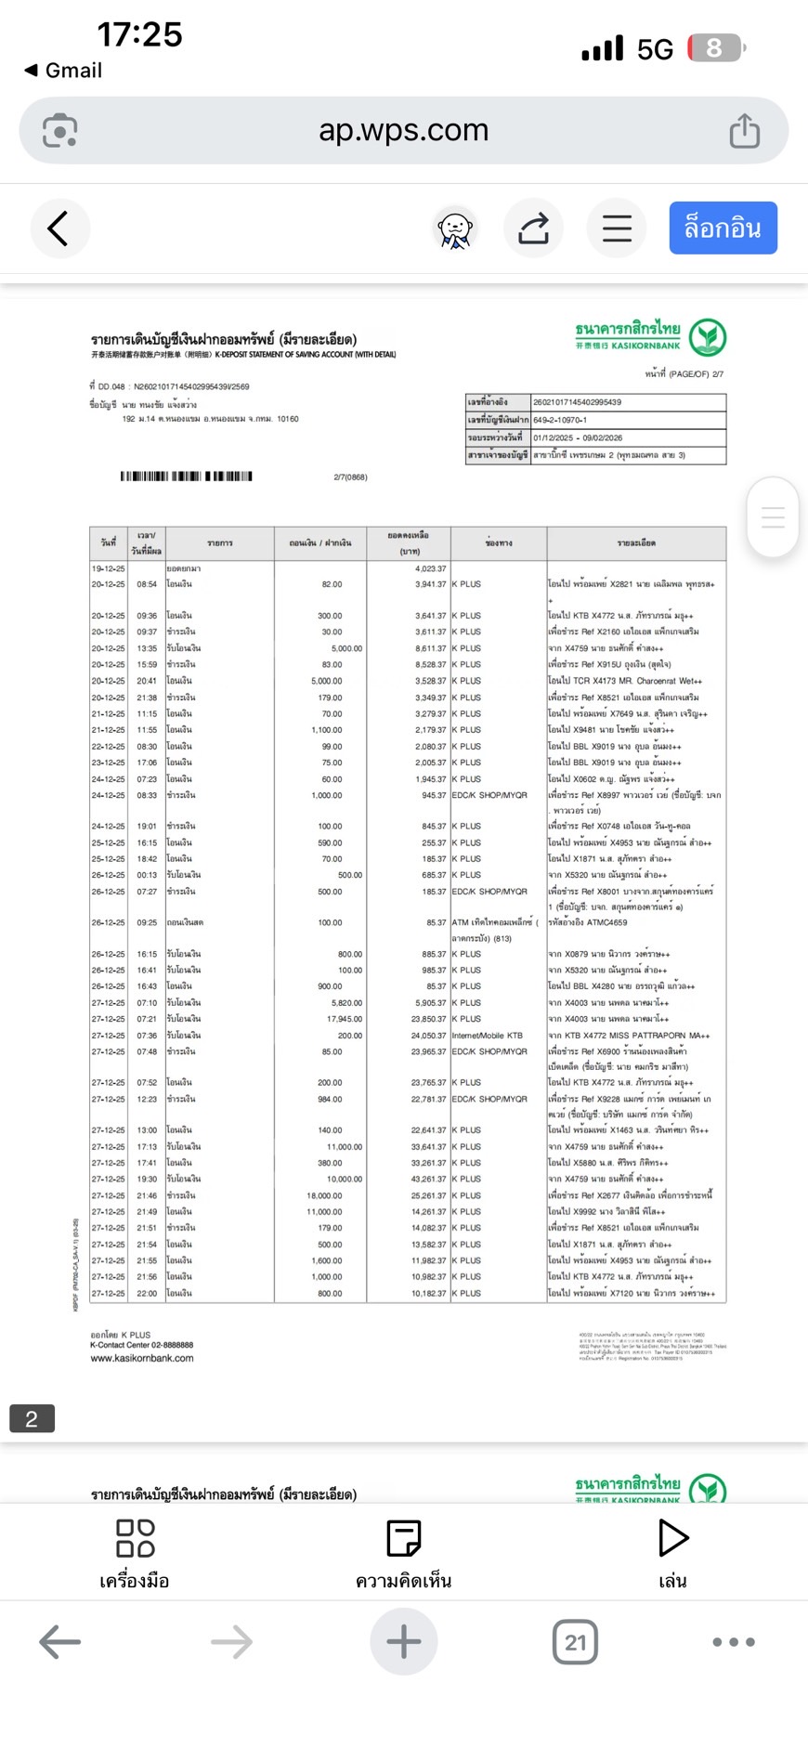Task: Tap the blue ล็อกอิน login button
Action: (x=723, y=228)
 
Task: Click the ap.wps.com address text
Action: (x=403, y=130)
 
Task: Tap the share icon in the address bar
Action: (x=744, y=131)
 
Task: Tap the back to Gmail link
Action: (x=63, y=71)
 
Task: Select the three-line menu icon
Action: (x=617, y=228)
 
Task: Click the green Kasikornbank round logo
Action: (x=708, y=337)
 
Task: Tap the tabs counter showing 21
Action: (x=575, y=1642)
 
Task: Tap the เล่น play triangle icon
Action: (x=672, y=1538)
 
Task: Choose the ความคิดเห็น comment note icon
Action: (x=403, y=1538)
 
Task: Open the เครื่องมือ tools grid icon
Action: (x=135, y=1538)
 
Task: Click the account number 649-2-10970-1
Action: (x=560, y=420)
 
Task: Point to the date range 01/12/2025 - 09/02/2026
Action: (x=578, y=437)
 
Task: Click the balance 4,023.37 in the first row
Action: (x=430, y=568)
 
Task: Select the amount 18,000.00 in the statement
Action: (x=324, y=1195)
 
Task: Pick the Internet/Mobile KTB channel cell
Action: (x=488, y=1036)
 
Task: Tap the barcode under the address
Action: (x=186, y=476)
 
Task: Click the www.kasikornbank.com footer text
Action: (x=142, y=1358)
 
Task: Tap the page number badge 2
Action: (x=32, y=1418)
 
